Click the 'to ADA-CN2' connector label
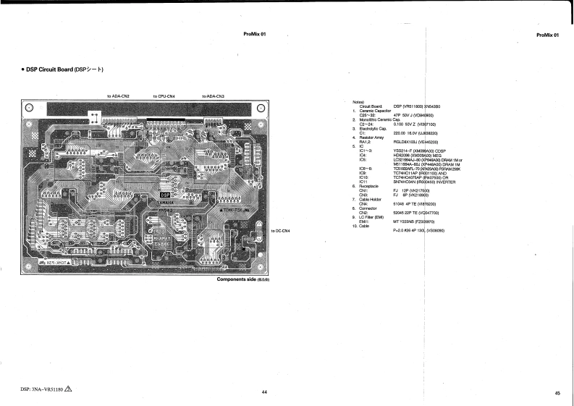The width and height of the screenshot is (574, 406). coord(118,96)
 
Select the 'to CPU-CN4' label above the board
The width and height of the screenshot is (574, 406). coord(169,96)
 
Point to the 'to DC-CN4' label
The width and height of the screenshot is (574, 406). coord(280,231)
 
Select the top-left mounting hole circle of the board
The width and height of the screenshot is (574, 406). coord(29,109)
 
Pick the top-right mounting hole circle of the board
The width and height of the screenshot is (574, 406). coord(261,109)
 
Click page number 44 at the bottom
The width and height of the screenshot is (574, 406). coord(265,392)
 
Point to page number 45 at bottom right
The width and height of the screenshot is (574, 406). coord(557,393)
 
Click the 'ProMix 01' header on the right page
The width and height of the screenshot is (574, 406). coord(548,35)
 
